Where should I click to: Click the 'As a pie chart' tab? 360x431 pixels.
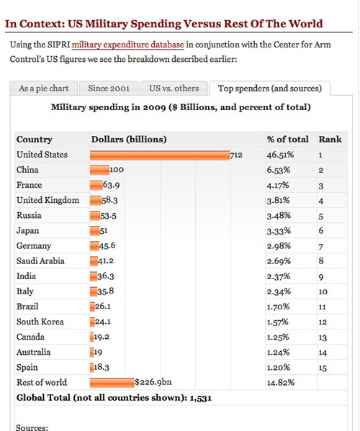[x=44, y=89]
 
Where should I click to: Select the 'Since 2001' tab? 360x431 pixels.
[x=109, y=89]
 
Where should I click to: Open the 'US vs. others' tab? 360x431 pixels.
[x=174, y=89]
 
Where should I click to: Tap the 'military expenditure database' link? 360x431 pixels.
[x=128, y=45]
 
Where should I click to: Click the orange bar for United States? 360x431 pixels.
[x=160, y=155]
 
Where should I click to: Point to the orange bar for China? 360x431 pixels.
[x=99, y=170]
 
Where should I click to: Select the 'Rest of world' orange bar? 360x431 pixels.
[x=112, y=383]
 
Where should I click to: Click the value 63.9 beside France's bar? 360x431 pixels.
[x=111, y=185]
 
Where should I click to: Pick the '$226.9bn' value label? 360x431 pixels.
[x=153, y=382]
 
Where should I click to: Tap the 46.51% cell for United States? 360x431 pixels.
[x=280, y=155]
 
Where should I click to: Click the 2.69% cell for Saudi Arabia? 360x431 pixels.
[x=279, y=261]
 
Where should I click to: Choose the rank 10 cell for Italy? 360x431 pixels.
[x=323, y=291]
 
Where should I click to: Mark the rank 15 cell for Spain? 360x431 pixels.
[x=323, y=368]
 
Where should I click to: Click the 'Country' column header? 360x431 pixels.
[x=35, y=140]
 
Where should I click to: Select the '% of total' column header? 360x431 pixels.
[x=288, y=140]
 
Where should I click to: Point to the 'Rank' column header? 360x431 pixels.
[x=330, y=140]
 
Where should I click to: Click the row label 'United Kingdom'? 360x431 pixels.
[x=48, y=200]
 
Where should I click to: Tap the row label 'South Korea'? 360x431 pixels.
[x=40, y=322]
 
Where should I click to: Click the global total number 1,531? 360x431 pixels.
[x=200, y=398]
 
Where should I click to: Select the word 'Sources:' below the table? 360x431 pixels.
[x=32, y=427]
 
